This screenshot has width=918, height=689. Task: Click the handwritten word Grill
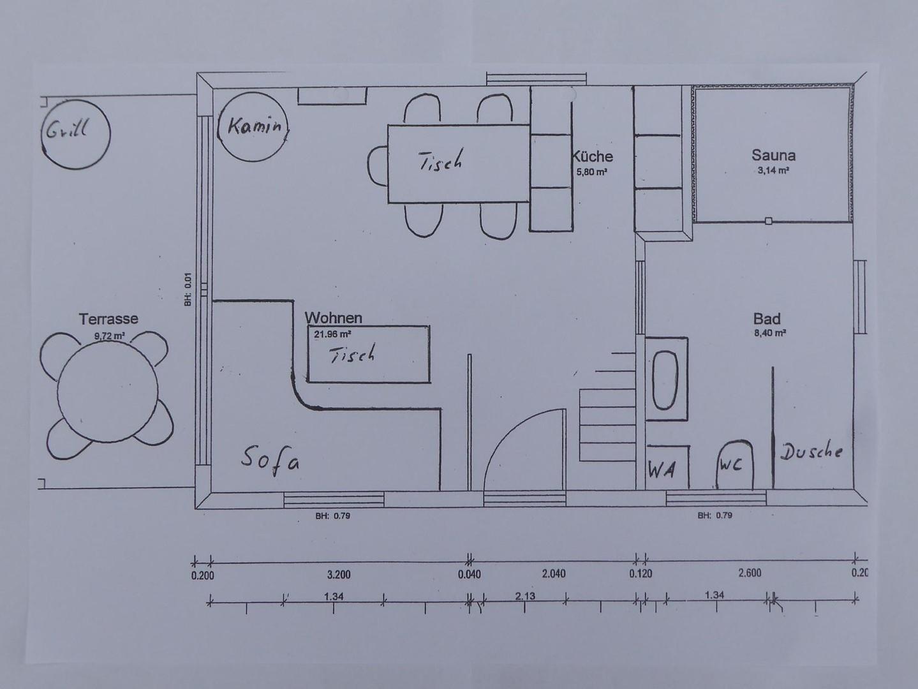(67, 130)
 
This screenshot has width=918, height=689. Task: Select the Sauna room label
(773, 156)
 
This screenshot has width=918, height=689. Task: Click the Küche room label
(592, 156)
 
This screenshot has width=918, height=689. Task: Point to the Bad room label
(767, 319)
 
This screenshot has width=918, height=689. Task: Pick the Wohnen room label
(333, 318)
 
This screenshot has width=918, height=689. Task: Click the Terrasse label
(108, 319)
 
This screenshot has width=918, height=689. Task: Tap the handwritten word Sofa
(270, 461)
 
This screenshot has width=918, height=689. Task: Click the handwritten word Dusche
(811, 452)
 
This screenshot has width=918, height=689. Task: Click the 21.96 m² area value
(332, 334)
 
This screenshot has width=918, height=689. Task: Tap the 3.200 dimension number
(339, 575)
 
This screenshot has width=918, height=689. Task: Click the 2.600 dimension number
(750, 573)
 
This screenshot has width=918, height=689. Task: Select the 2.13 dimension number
(525, 596)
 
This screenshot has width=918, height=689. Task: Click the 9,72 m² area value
(110, 336)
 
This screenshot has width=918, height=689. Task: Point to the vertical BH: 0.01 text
(188, 290)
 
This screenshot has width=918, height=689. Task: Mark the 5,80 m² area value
(592, 172)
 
